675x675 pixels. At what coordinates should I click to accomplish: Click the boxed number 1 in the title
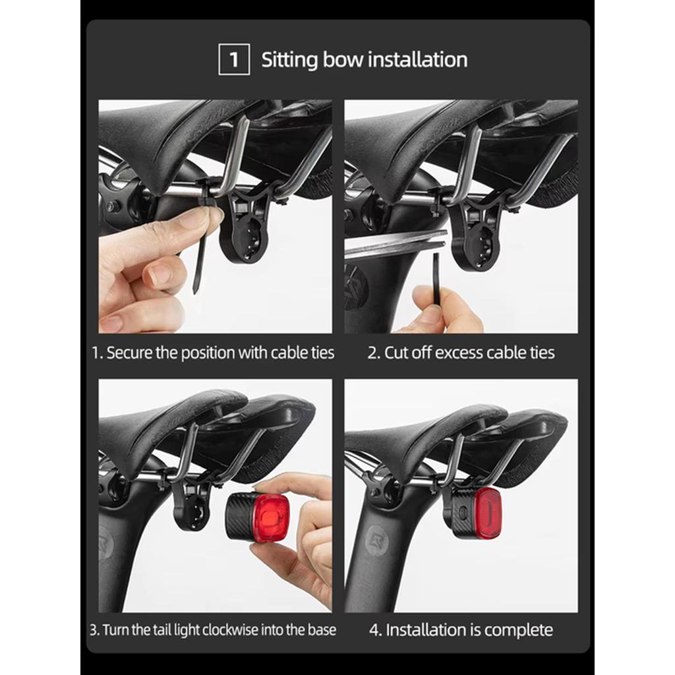pos(234,59)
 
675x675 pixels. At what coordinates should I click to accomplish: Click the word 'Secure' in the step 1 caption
pos(129,353)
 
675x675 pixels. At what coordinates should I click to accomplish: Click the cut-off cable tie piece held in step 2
pos(438,277)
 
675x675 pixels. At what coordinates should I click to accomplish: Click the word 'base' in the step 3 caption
pos(322,630)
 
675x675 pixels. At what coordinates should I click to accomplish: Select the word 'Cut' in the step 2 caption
pos(396,353)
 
